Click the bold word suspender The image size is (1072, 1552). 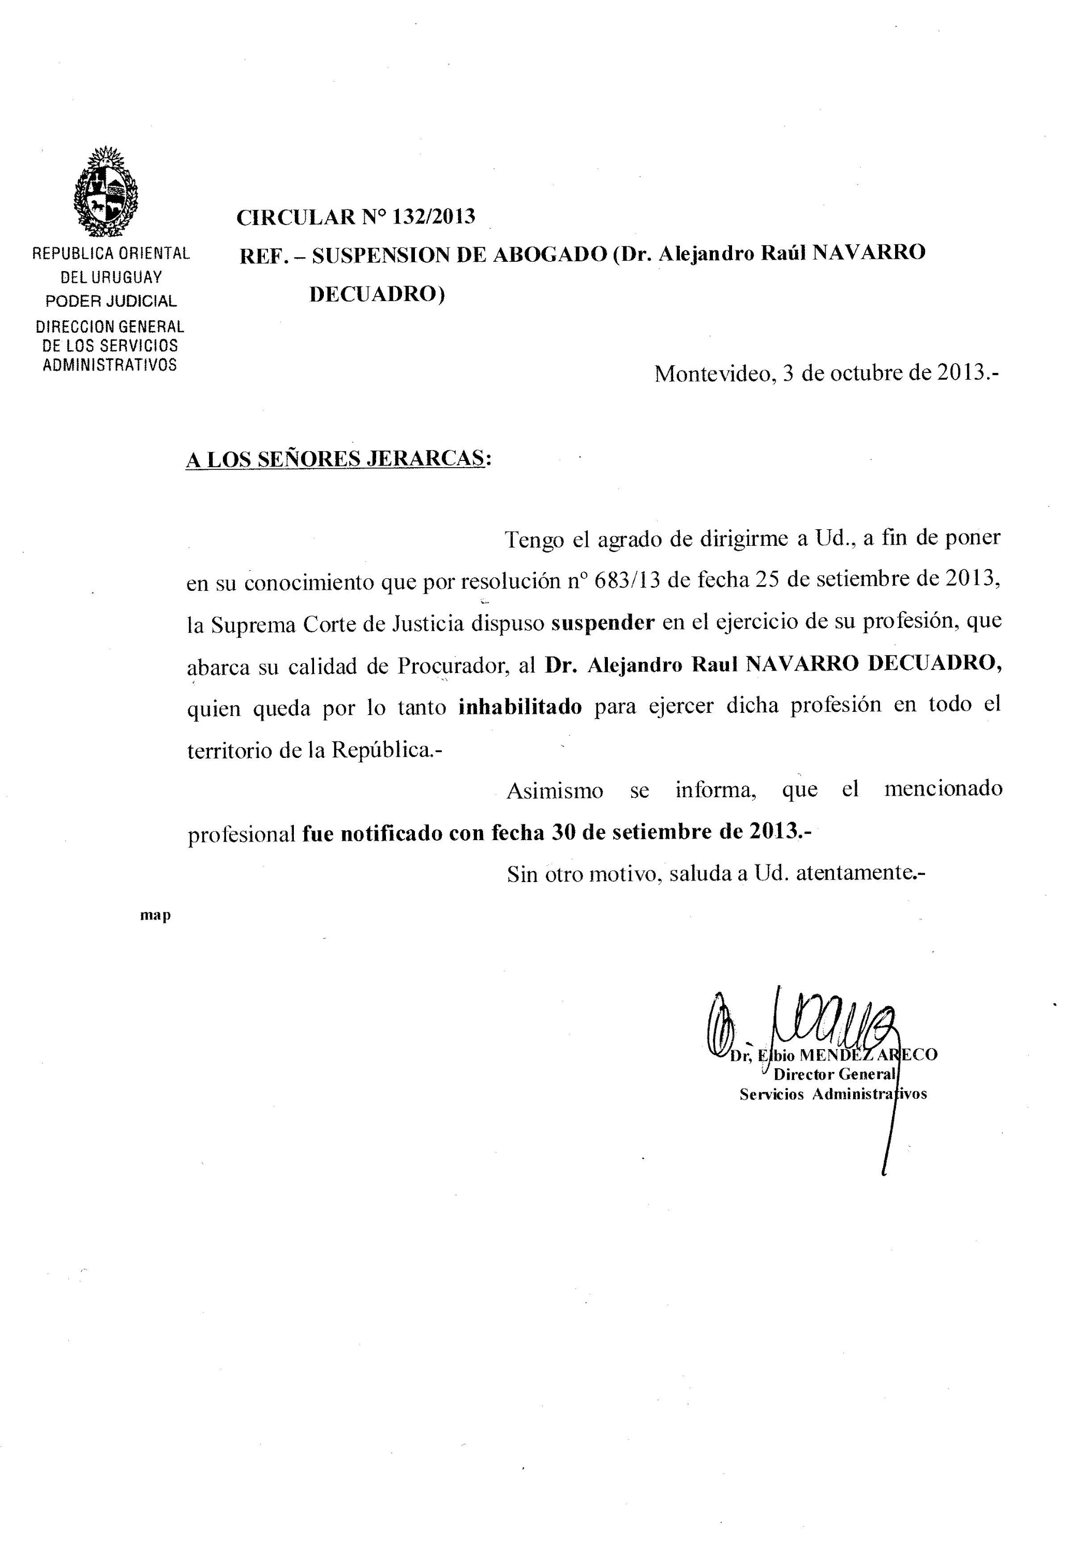[603, 622]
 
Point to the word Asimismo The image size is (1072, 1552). [555, 790]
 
